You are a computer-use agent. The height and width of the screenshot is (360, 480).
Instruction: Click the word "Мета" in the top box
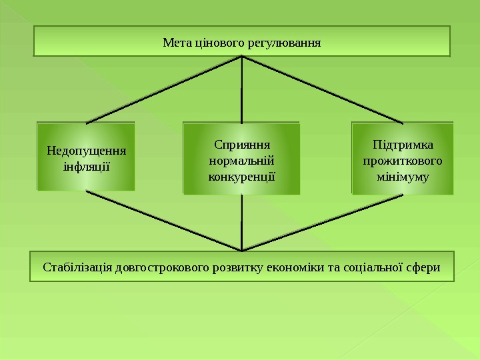point(177,43)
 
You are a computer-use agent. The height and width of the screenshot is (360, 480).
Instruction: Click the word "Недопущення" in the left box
point(85,149)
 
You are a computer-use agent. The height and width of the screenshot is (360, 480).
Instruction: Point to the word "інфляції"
point(85,164)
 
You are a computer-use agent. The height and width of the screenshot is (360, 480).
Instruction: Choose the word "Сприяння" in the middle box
point(241,144)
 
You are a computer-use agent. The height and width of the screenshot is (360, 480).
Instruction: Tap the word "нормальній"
point(241,161)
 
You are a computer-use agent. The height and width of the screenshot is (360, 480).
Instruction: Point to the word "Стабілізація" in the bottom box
point(77,267)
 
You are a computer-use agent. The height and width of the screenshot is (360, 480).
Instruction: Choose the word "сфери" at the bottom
point(423,267)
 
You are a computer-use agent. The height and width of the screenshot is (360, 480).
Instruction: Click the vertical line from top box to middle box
point(241,90)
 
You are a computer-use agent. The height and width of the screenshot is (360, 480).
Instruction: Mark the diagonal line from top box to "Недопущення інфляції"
point(163,90)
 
